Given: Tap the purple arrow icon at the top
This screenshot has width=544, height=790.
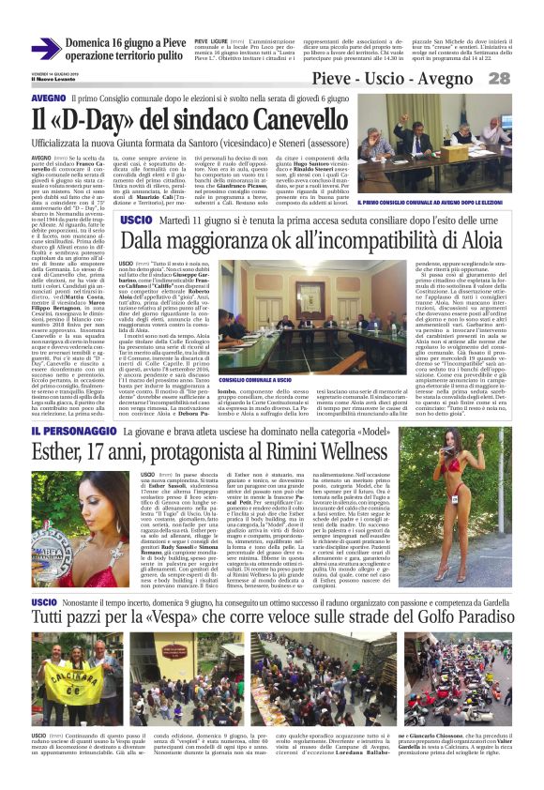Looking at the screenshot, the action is point(46,48).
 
